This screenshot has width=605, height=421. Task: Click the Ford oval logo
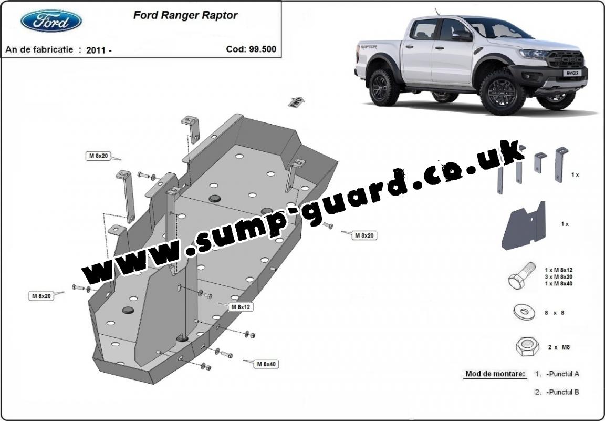tap(51, 21)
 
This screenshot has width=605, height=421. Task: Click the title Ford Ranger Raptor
tap(185, 15)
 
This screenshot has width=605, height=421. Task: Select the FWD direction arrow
tap(296, 102)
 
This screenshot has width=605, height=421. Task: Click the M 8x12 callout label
tap(241, 307)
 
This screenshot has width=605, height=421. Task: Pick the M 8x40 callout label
tap(267, 364)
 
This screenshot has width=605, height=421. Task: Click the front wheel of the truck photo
tap(503, 93)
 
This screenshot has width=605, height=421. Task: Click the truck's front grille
tap(566, 59)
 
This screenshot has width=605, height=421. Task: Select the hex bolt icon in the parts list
tap(522, 275)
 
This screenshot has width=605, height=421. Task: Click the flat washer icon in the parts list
tap(523, 312)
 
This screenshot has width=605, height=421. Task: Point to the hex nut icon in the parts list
tap(527, 346)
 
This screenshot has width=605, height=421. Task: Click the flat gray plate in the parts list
tap(524, 226)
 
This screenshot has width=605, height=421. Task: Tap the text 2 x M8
tap(559, 347)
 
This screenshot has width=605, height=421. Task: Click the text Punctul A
tap(562, 374)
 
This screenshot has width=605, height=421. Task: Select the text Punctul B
tap(562, 392)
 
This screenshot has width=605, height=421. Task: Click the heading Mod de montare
tap(495, 374)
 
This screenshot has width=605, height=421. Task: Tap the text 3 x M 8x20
tap(558, 276)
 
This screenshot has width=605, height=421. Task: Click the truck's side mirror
tap(463, 36)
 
